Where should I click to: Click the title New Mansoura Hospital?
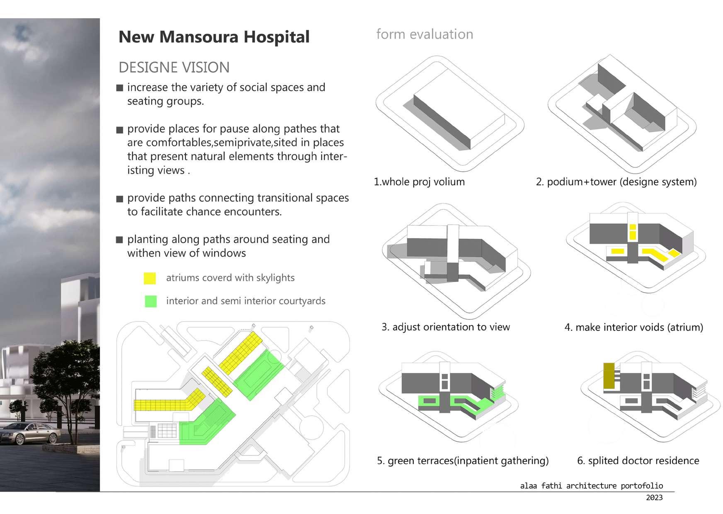tap(214, 37)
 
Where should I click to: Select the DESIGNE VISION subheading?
tap(174, 67)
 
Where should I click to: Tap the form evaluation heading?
tap(425, 34)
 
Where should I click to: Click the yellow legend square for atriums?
tap(150, 278)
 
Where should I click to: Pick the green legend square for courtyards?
tap(151, 301)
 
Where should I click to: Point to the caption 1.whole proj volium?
tap(419, 182)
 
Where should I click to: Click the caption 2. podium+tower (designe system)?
tap(616, 182)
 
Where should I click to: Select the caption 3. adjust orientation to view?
tap(446, 327)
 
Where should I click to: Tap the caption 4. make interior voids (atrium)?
tap(633, 327)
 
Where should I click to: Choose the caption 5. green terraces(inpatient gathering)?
tap(463, 461)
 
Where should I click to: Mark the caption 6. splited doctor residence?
tap(638, 461)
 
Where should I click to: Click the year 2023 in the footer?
tap(654, 497)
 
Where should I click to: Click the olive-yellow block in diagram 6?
tap(609, 376)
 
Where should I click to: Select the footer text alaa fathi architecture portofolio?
tap(592, 486)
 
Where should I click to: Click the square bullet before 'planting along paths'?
tap(120, 240)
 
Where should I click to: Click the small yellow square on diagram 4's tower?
tap(633, 227)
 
